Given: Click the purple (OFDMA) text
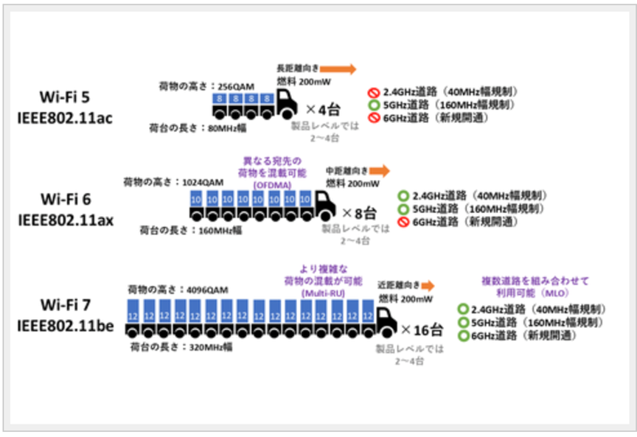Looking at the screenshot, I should (274, 184).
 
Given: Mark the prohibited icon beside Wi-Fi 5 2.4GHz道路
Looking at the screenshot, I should (375, 91).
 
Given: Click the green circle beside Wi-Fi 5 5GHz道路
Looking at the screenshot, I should (375, 104).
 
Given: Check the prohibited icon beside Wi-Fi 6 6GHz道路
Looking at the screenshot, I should (403, 221).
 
